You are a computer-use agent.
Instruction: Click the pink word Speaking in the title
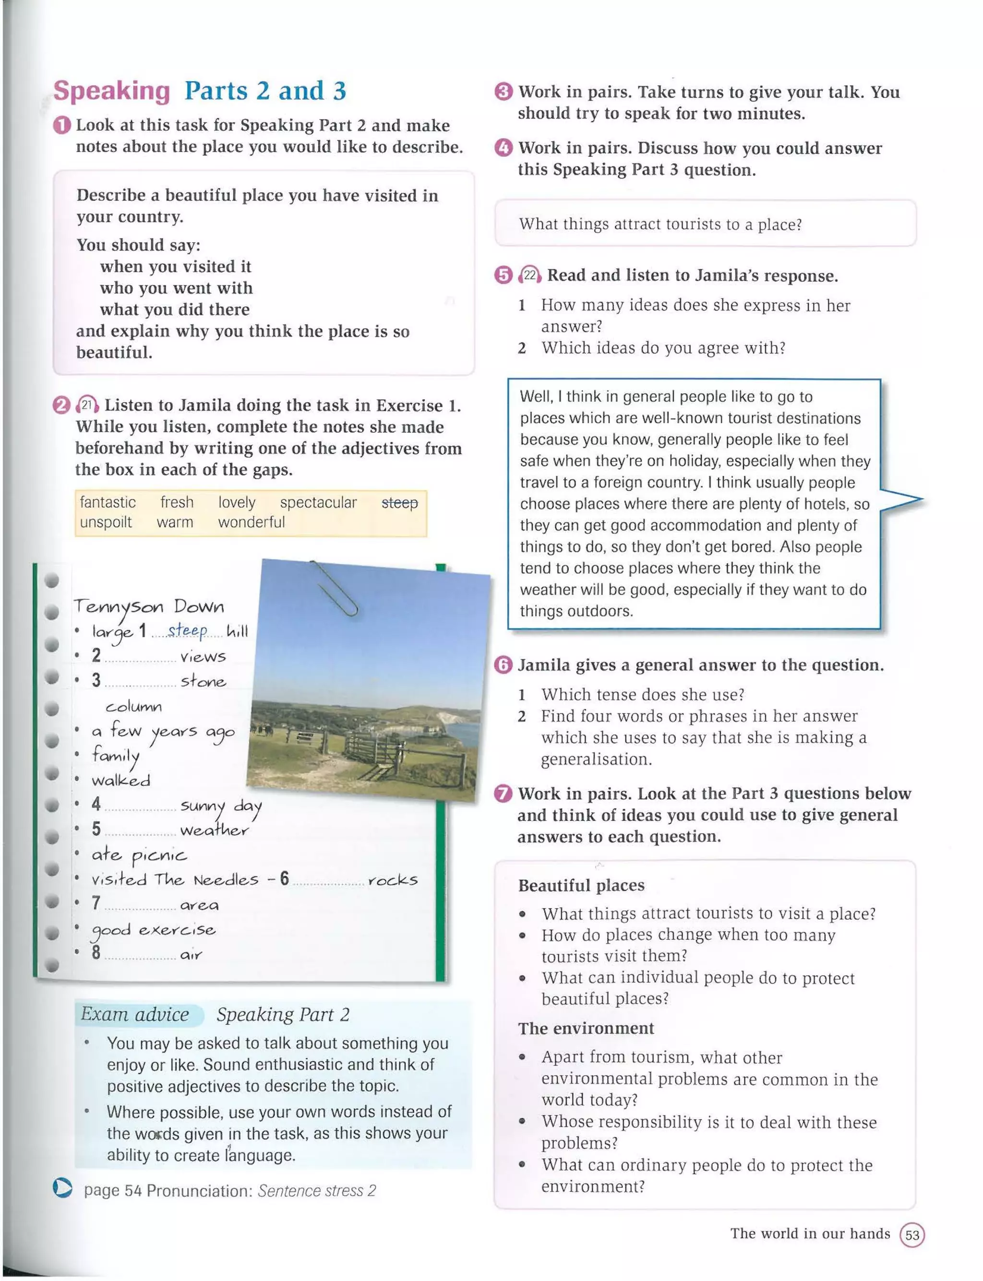click(111, 91)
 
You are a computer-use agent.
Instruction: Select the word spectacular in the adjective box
click(318, 502)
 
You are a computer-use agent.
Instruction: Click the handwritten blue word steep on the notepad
click(187, 630)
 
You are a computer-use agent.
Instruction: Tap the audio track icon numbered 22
click(529, 275)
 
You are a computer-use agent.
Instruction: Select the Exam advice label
click(136, 1014)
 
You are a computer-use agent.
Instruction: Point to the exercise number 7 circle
click(503, 794)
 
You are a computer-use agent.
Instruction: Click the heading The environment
click(586, 1028)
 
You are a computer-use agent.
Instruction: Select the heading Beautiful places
click(581, 885)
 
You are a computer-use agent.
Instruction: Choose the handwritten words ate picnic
click(139, 855)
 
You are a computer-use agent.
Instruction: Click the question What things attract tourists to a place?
click(660, 224)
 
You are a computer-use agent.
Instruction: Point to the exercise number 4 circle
click(503, 148)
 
